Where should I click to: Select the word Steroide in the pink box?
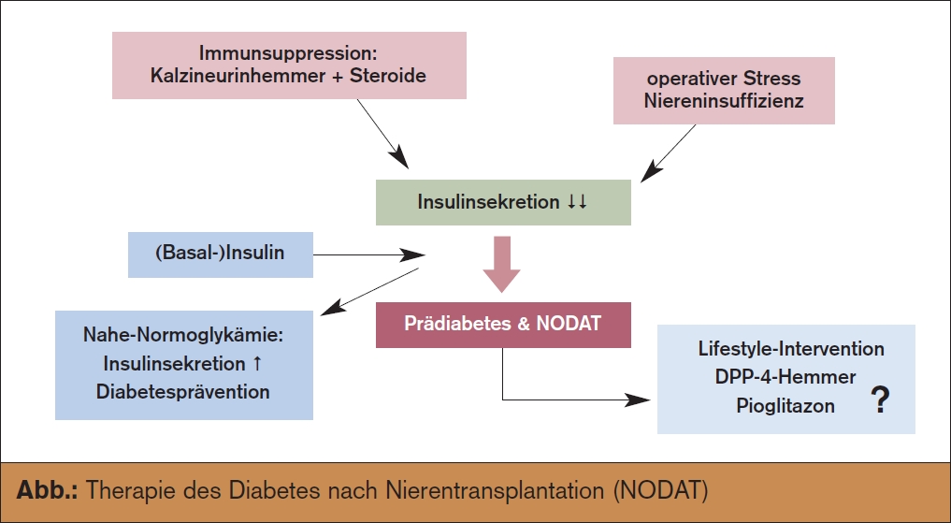(x=387, y=76)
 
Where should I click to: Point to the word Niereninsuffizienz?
(x=724, y=101)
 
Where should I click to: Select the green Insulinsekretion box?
(x=503, y=202)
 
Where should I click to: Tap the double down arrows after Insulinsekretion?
(x=577, y=202)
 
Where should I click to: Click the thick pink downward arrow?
(x=501, y=264)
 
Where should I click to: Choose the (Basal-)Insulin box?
(x=220, y=254)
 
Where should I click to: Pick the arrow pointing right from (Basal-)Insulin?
(x=368, y=254)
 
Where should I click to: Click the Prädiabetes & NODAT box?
(x=503, y=325)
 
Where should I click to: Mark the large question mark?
(x=881, y=401)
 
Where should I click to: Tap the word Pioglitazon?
(x=785, y=405)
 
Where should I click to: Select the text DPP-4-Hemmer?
(x=785, y=377)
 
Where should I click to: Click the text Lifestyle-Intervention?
(x=791, y=349)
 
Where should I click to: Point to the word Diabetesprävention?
(x=183, y=391)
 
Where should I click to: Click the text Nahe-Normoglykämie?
(x=183, y=335)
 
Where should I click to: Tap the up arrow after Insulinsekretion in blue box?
(x=256, y=363)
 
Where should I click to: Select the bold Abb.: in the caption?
(x=47, y=489)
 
